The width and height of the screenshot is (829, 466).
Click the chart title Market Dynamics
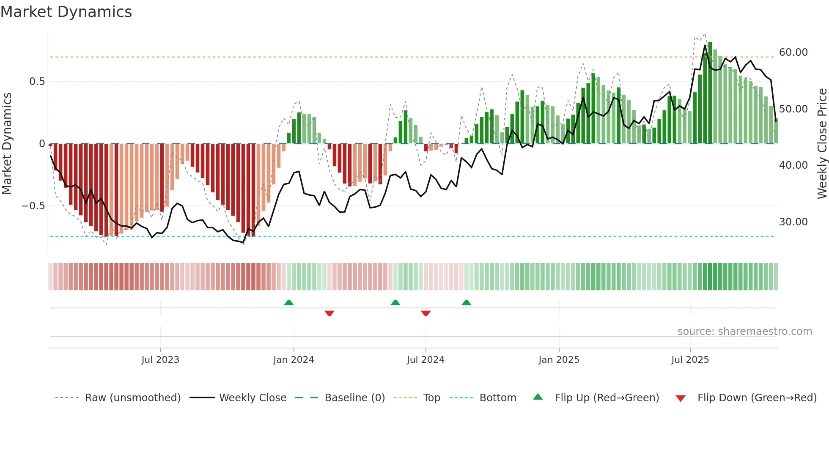[66, 12]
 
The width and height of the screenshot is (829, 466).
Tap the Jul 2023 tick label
[160, 360]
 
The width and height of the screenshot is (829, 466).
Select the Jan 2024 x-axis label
[294, 360]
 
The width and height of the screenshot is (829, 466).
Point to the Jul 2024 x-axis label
[425, 360]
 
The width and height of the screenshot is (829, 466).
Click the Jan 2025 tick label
[559, 360]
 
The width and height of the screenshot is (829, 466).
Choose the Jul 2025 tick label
[690, 360]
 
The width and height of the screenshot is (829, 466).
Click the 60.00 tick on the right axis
[793, 52]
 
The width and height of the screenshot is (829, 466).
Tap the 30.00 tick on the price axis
[793, 222]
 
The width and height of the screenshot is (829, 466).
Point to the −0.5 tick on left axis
[33, 206]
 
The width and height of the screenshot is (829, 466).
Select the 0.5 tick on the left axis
[37, 82]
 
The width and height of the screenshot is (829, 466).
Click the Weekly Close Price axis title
[822, 144]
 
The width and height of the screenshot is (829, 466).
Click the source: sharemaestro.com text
[744, 332]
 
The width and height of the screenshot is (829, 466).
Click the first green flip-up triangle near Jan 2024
[289, 303]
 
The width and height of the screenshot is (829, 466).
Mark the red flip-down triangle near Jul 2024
[426, 313]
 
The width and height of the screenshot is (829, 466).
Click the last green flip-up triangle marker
[467, 303]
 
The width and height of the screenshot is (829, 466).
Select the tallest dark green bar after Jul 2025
[710, 93]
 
